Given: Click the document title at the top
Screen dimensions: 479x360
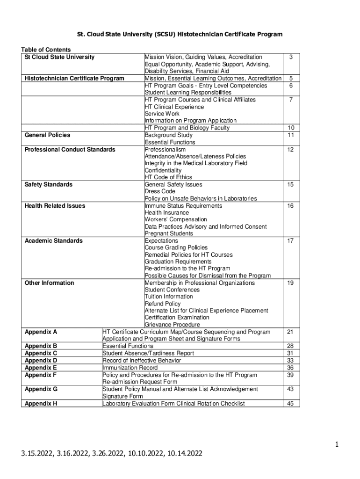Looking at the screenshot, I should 180,35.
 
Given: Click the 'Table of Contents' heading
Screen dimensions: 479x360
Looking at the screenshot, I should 46,50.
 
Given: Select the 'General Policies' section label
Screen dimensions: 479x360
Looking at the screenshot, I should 47,135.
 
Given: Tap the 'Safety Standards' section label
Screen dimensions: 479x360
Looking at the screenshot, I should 48,185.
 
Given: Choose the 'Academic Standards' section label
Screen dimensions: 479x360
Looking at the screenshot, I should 53,241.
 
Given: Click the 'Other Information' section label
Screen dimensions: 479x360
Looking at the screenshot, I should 49,283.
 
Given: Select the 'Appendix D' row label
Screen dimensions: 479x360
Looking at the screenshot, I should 41,361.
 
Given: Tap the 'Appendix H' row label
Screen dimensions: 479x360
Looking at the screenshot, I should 41,403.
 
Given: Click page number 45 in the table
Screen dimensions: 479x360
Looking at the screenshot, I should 290,403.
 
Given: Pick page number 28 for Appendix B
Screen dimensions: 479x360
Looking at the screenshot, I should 290,346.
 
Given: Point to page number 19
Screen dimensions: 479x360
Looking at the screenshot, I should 290,283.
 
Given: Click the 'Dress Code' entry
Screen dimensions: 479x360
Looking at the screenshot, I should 160,191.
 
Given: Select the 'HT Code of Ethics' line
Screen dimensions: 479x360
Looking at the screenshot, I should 168,177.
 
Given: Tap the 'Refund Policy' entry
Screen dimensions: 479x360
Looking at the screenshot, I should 162,304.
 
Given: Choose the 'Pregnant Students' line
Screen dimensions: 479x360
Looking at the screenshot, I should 169,233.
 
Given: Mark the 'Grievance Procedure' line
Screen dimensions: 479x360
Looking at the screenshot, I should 172,325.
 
